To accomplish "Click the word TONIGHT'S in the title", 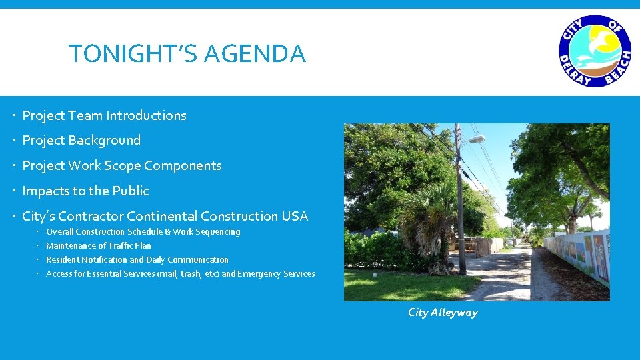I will (x=134, y=53).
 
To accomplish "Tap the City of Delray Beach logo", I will (x=594, y=51).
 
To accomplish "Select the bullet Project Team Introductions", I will (x=104, y=115).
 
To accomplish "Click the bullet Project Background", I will (x=81, y=141).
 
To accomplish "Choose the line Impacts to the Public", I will (x=85, y=191).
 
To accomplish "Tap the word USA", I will (x=294, y=216).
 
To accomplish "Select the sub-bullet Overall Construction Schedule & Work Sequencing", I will (x=143, y=232).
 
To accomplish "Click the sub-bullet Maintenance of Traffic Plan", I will (x=99, y=246).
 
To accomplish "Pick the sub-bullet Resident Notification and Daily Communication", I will (x=137, y=260).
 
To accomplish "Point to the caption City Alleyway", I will (x=443, y=313).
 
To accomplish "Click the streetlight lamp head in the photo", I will (x=475, y=139).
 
